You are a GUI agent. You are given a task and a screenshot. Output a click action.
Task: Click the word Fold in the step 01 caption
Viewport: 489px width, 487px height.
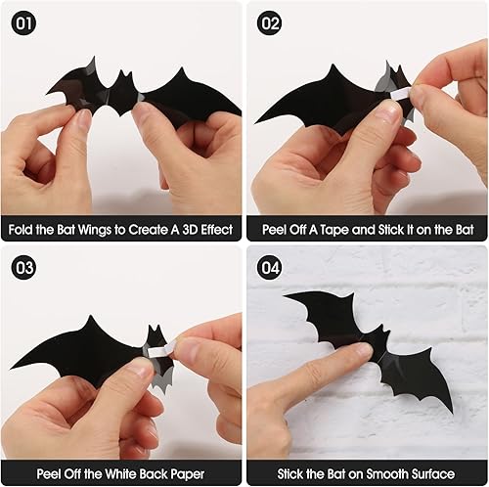coord(24,229)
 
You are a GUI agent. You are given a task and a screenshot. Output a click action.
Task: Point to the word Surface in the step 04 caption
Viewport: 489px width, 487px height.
coord(438,473)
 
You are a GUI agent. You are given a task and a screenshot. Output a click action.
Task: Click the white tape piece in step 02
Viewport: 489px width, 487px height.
coord(402,91)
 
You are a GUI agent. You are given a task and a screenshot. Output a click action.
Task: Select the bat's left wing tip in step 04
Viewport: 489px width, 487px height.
coord(286,296)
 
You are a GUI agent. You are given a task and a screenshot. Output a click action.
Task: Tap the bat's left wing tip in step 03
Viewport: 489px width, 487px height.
coord(14,366)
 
